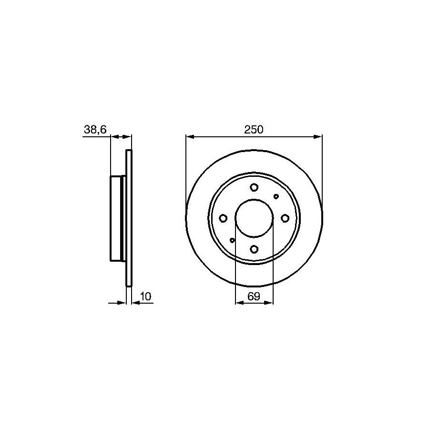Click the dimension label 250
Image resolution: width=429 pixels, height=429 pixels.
254,129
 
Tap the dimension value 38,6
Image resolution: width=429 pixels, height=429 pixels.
95,129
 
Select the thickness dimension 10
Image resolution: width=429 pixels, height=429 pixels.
145,296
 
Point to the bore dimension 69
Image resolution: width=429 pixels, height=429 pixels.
254,296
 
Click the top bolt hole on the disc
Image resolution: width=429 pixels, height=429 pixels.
254,187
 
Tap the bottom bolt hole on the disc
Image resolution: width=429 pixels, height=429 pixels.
254,249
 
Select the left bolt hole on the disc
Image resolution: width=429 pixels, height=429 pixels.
223,218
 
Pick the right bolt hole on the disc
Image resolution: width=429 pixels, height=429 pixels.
285,218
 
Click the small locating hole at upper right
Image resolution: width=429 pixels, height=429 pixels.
276,196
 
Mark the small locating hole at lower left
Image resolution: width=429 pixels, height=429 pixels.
232,240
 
